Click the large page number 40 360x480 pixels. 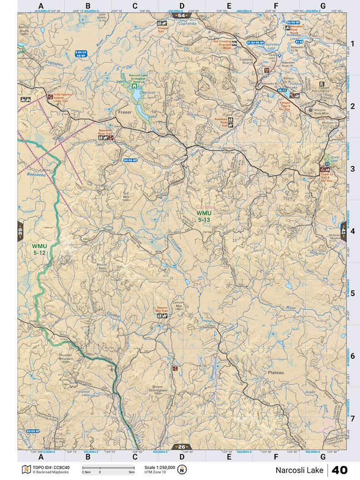coord(340,470)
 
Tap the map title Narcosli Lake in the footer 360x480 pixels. coord(300,470)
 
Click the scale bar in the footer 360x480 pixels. coord(108,467)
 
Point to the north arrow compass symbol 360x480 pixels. coord(182,469)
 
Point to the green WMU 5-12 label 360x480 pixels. coord(40,249)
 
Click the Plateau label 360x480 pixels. coord(275,372)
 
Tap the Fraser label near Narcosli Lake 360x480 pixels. coord(124,111)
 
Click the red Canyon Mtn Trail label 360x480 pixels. coord(162,310)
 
